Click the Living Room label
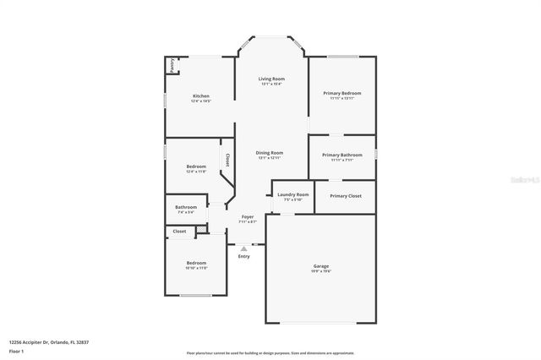271,79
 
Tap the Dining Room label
270,153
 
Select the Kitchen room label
200,96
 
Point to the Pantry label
172,65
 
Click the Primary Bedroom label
342,93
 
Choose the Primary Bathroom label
342,155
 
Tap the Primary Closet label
346,195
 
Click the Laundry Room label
292,195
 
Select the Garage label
321,266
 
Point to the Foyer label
248,217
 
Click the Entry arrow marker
244,248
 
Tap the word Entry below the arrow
244,256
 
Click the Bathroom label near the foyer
186,207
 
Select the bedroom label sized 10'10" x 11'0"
196,263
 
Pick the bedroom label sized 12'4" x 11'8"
196,166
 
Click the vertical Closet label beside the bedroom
227,160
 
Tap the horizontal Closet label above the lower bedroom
179,231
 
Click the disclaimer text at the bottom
270,353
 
